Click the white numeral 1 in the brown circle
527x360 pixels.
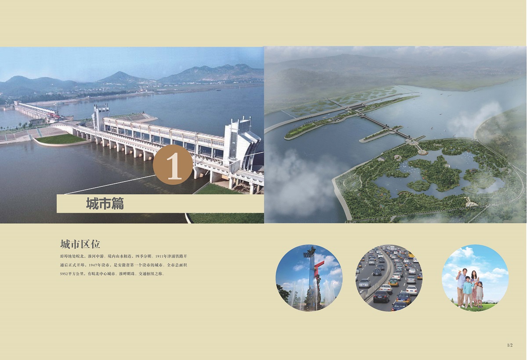coord(174,166)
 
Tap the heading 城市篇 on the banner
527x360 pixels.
coord(105,204)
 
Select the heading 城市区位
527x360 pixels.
coord(80,244)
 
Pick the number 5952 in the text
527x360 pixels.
coord(64,274)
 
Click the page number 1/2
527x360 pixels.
coord(510,345)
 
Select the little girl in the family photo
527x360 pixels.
coord(479,295)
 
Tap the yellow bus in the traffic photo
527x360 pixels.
coord(411,255)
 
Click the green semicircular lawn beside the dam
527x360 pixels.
coord(61,139)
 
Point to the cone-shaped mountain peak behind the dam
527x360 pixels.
coord(120,77)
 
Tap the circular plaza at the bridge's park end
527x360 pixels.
coord(423,153)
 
